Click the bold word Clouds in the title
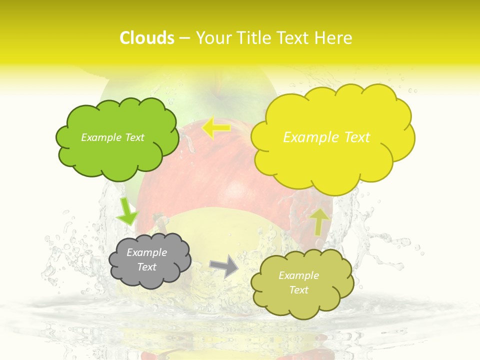147,38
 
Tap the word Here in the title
334,38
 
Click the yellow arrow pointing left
216,128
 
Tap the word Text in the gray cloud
147,267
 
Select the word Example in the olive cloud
298,275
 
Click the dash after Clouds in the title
184,38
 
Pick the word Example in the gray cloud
147,252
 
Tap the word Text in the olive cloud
298,290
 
